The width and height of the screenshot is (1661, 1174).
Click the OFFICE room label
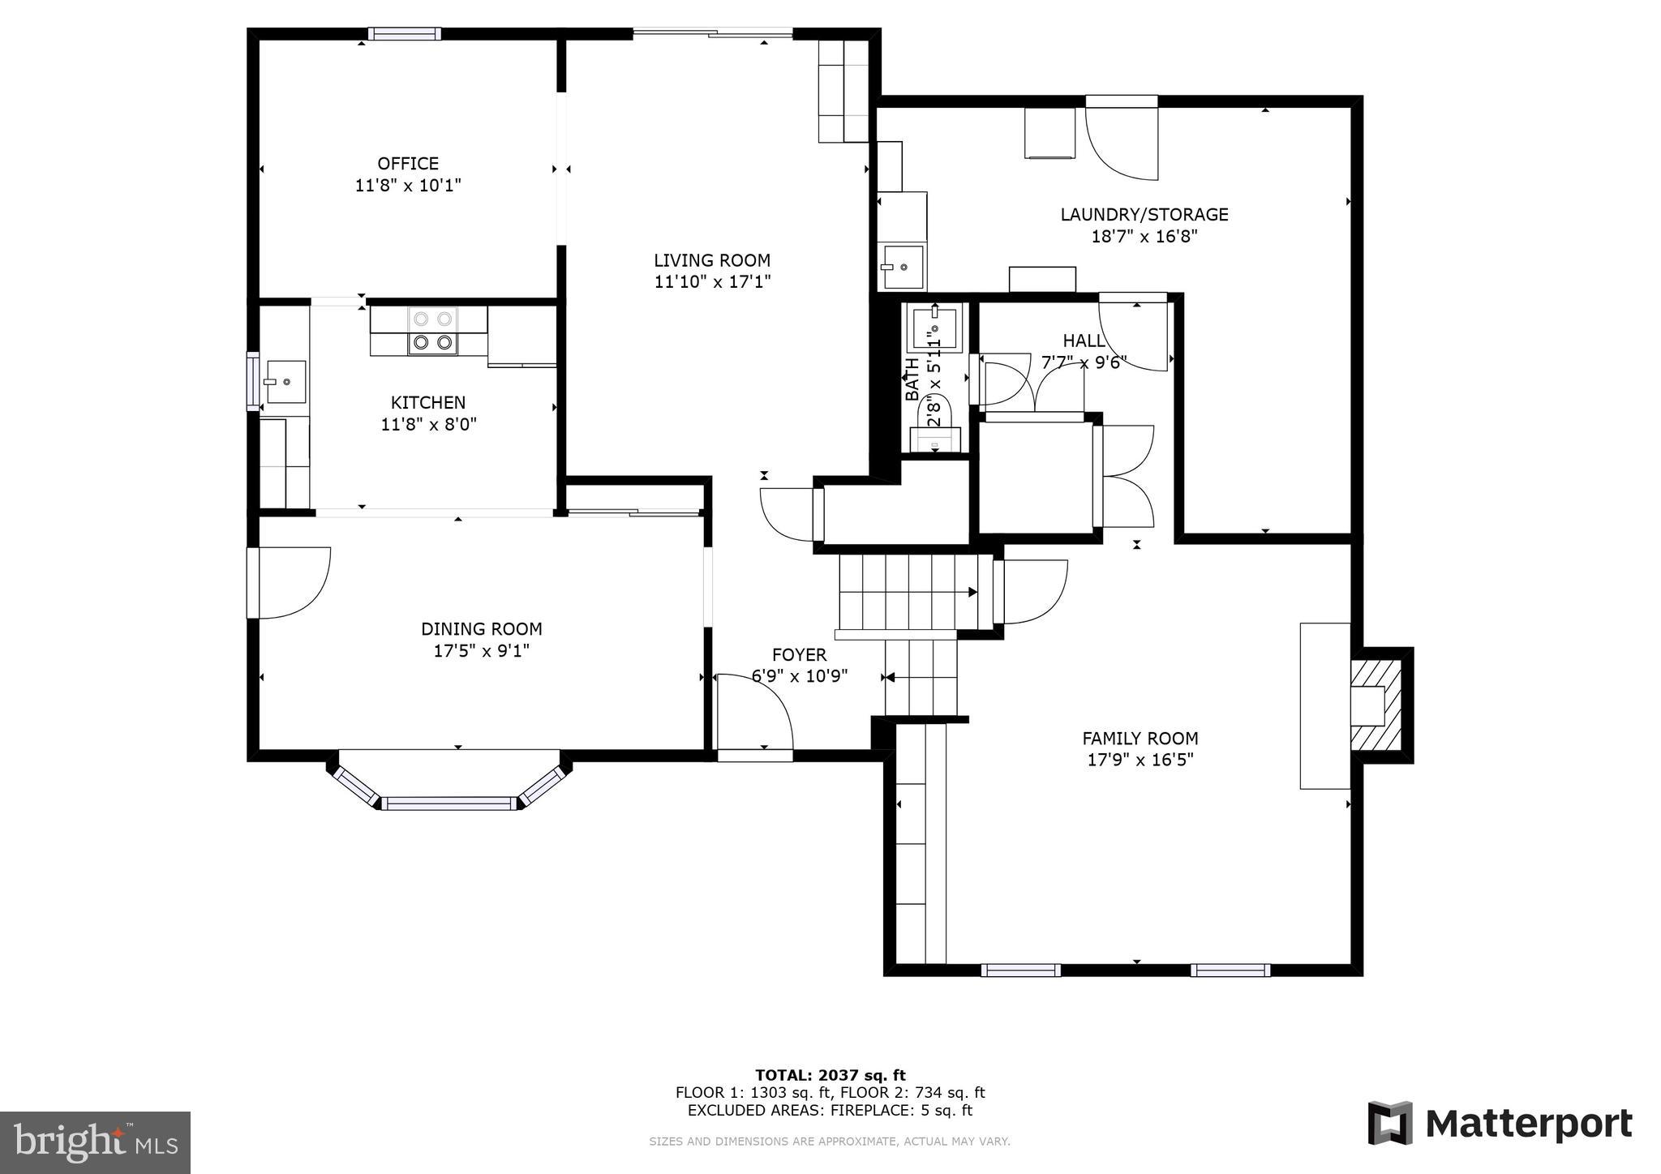[x=408, y=164]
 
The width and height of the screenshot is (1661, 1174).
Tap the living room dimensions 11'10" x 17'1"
[x=712, y=282]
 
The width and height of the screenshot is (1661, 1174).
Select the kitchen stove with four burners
[x=432, y=331]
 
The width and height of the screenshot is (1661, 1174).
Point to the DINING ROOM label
[x=481, y=629]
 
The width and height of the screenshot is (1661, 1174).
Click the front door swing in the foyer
[x=754, y=713]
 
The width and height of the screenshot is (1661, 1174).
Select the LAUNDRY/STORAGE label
[x=1144, y=215]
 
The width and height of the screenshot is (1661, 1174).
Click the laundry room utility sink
[x=903, y=267]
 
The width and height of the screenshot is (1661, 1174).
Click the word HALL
[x=1084, y=341]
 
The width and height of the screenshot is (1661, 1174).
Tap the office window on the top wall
[x=404, y=33]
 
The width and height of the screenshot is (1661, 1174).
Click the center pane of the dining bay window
[x=449, y=803]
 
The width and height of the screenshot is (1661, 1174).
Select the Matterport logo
[x=1500, y=1124]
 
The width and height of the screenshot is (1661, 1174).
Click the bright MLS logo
[x=95, y=1142]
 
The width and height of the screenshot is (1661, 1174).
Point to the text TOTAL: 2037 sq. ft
[x=830, y=1076]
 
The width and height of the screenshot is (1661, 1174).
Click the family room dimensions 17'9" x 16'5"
[x=1140, y=761]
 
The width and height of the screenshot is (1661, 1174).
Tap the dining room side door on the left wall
[x=288, y=583]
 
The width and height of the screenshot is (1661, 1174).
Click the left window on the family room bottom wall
[x=1020, y=970]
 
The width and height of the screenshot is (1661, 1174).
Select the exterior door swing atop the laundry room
[x=1122, y=138]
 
